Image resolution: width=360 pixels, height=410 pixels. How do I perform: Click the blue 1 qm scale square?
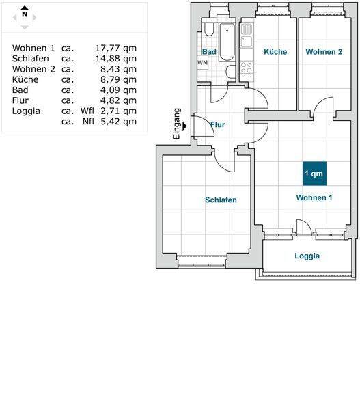(314, 174)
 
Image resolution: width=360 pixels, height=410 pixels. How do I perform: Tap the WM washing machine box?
(202, 63)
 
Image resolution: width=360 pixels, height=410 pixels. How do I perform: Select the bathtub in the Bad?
(227, 42)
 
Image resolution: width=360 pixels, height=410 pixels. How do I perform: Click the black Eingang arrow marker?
(185, 126)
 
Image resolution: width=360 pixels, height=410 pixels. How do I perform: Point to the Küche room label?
(275, 51)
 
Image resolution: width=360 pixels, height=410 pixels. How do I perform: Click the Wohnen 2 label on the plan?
(324, 51)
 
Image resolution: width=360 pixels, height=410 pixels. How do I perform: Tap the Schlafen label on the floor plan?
(221, 200)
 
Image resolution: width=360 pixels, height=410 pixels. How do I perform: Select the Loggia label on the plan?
(307, 256)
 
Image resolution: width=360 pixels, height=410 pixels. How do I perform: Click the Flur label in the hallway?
(218, 125)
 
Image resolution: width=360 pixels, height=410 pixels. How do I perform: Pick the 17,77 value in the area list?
(108, 48)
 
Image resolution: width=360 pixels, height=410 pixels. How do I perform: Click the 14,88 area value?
(108, 59)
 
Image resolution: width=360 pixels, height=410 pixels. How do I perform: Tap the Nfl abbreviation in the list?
(88, 122)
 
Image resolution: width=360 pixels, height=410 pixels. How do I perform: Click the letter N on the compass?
(25, 14)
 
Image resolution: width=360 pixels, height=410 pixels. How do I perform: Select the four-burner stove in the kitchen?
(247, 68)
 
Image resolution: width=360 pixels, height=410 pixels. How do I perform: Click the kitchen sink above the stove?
(247, 42)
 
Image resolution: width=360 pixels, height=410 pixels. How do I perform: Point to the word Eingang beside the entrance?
(177, 124)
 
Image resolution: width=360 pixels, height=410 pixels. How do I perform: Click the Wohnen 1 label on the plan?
(314, 197)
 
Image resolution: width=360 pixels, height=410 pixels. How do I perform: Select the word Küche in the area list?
(25, 79)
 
